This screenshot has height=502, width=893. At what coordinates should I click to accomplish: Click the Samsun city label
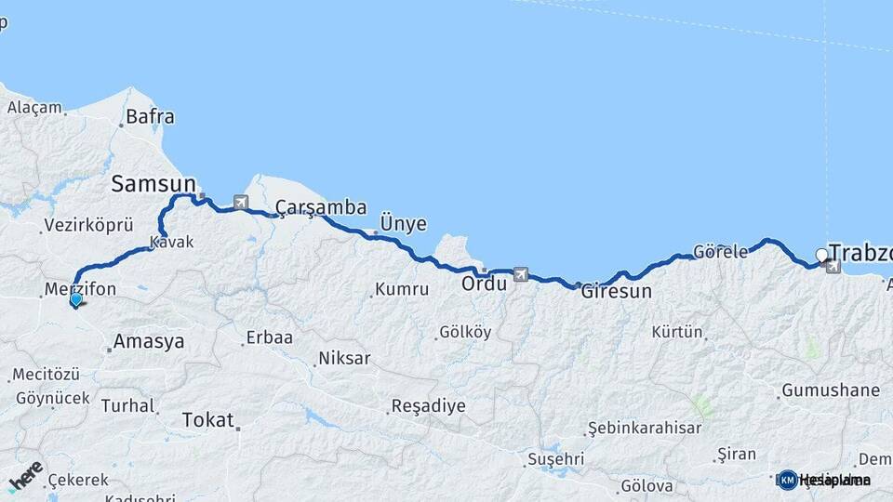pos(153,184)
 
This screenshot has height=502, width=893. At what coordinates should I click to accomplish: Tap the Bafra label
pos(150,117)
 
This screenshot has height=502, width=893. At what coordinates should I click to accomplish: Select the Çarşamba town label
pos(321,208)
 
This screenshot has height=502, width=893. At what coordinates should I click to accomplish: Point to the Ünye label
pos(403,224)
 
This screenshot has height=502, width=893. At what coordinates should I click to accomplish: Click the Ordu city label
pos(485,284)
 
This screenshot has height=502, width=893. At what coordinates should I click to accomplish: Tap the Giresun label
pos(616,291)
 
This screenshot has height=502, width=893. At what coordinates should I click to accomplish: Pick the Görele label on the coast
pos(720,252)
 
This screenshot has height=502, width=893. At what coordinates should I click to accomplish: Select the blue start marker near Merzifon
pos(76,299)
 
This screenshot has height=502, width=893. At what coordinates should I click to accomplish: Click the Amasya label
pos(149,342)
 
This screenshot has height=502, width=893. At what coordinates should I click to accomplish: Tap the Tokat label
pos(208,419)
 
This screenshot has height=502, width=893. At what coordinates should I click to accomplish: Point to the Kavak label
pos(174,242)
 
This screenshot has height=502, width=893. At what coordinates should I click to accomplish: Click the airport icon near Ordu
pos(519,274)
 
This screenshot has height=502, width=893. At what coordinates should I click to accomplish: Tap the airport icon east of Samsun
pos(242,202)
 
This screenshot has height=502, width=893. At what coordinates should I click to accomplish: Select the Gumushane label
pos(831,390)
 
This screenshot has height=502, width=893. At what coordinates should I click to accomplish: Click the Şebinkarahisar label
pos(644,428)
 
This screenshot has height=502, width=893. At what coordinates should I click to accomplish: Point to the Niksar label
pos(344,358)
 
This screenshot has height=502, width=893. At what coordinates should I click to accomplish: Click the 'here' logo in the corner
pos(25,477)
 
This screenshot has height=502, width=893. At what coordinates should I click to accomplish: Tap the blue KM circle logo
pos(788,480)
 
